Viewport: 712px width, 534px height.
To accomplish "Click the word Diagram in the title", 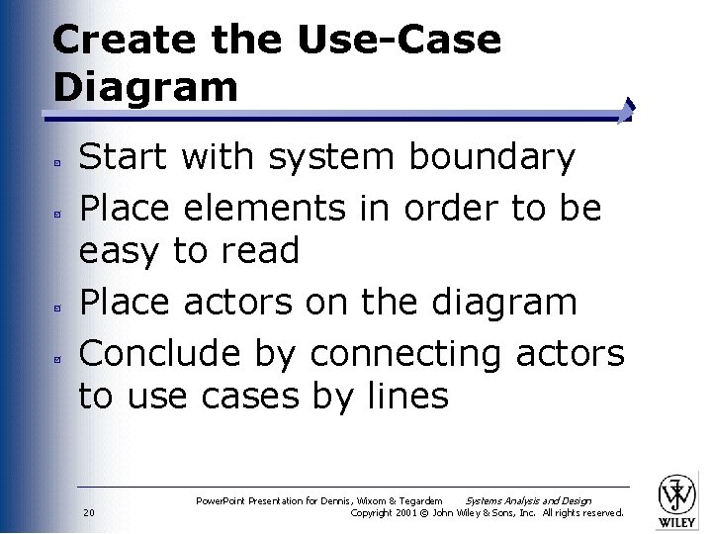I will pyautogui.click(x=145, y=87).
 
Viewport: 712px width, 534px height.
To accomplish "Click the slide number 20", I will pyautogui.click(x=89, y=512).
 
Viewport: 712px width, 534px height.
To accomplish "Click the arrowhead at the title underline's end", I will pyautogui.click(x=628, y=110).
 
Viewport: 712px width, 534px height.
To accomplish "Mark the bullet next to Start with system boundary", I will pyautogui.click(x=60, y=160).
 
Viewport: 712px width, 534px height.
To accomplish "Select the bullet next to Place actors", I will pyautogui.click(x=60, y=306).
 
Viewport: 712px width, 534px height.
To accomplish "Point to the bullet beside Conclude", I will pyautogui.click(x=60, y=356).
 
